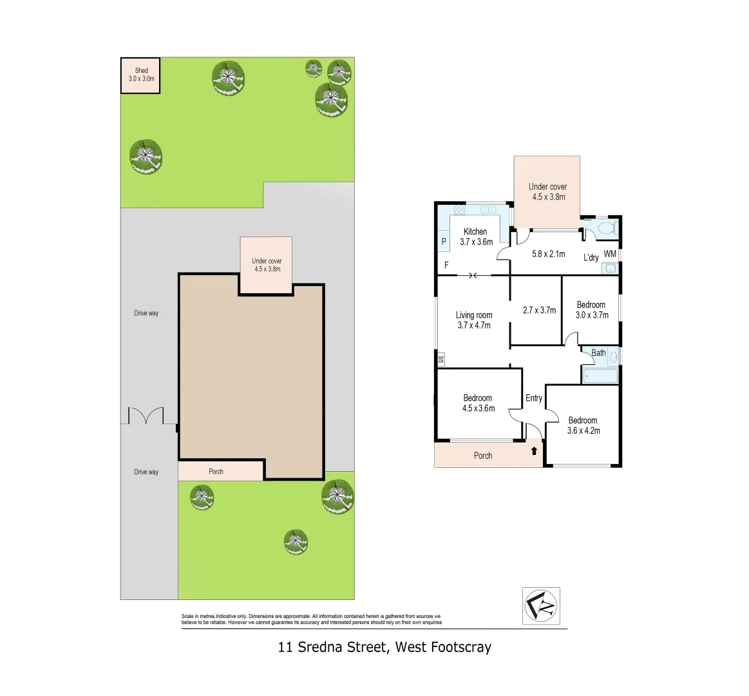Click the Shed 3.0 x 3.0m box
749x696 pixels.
pos(140,75)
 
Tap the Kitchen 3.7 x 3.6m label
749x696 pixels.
pos(476,237)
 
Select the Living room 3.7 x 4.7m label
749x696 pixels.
pos(474,320)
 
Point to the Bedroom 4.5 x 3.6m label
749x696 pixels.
pos(478,403)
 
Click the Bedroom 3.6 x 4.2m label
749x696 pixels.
pos(583,425)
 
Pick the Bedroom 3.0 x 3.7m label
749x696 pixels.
pos(591,310)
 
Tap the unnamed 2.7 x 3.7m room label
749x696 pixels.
pos(539,310)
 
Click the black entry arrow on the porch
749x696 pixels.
pos(534,450)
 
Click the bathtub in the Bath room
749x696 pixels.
pos(600,376)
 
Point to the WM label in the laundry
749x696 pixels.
pos(610,254)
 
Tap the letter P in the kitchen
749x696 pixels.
pos(444,242)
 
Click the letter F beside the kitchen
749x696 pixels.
pos(446,265)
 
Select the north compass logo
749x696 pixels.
pos(541,606)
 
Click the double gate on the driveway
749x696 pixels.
pos(146,416)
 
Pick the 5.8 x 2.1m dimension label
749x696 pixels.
pos(548,254)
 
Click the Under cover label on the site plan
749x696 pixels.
pos(267,261)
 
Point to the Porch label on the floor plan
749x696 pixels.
pos(483,456)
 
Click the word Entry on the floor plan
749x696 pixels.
pos(533,398)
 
